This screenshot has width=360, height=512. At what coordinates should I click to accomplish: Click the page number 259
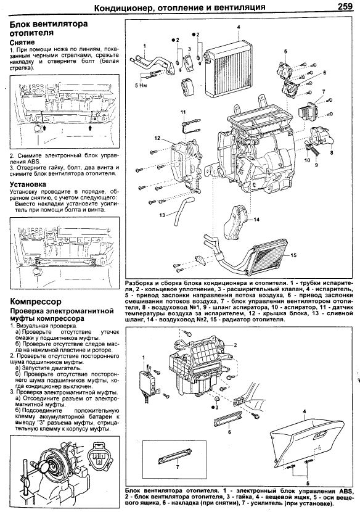345,6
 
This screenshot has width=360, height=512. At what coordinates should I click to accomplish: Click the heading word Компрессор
36,302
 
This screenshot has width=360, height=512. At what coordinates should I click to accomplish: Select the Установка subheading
28,184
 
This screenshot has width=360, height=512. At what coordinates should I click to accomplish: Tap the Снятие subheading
22,43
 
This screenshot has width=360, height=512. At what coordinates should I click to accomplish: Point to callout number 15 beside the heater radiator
293,255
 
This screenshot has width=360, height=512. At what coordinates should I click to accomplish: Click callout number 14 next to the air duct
256,220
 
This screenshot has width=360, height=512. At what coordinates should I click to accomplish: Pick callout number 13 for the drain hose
162,215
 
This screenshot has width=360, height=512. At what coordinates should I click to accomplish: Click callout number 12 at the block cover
158,138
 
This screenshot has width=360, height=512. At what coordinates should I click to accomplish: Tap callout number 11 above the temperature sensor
184,112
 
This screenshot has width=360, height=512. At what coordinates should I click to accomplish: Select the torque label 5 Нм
141,86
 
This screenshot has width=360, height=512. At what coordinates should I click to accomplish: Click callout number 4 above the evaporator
239,27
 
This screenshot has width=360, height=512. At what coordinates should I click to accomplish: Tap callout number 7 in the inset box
177,467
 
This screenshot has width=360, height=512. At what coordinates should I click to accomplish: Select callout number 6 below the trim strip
229,432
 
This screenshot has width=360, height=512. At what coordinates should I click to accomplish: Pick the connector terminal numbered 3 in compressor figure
99,461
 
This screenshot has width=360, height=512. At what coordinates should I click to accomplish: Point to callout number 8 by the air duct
332,152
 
